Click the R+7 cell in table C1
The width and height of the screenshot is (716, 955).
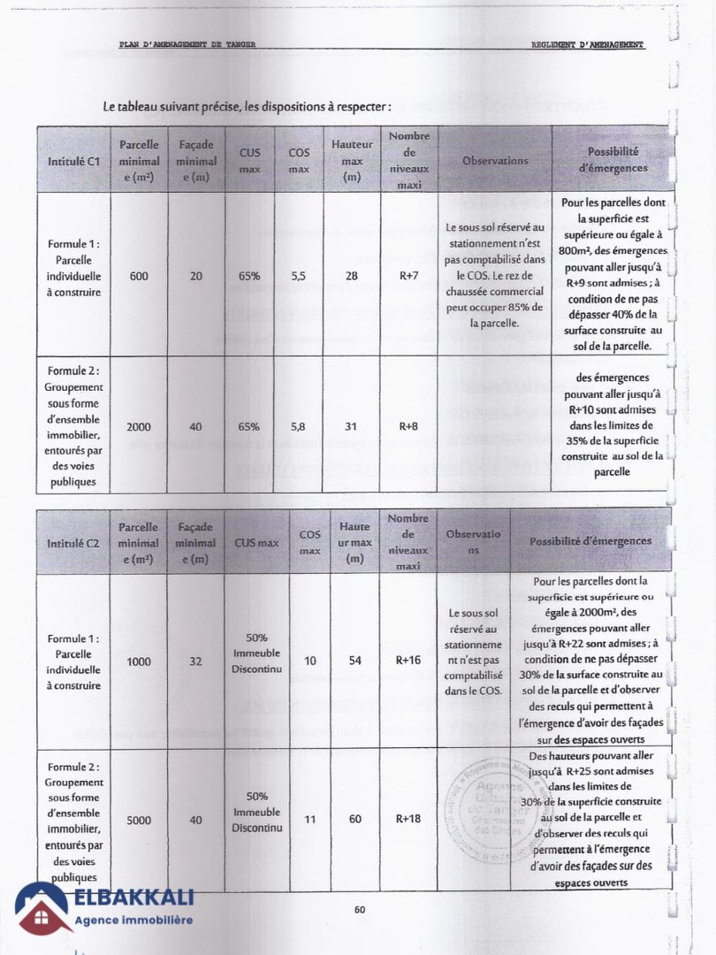(x=408, y=276)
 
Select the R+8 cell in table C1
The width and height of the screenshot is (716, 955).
(x=408, y=426)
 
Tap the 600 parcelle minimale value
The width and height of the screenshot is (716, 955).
(x=139, y=276)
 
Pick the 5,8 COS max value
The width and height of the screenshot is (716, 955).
(x=298, y=426)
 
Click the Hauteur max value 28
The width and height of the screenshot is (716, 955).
(x=352, y=276)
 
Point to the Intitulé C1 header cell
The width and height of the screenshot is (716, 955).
(x=72, y=161)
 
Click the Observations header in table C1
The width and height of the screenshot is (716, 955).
(x=495, y=161)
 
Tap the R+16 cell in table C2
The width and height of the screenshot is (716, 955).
(x=408, y=661)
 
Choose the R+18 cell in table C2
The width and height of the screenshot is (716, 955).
(x=408, y=819)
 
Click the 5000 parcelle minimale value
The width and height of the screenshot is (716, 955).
(x=139, y=820)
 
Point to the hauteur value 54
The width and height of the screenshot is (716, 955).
(x=355, y=661)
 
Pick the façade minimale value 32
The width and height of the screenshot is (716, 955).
(x=196, y=661)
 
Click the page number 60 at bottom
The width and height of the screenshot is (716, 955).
(x=360, y=909)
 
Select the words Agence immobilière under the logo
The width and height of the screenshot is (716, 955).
(x=133, y=921)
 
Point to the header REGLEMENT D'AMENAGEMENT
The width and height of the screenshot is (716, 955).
(x=588, y=44)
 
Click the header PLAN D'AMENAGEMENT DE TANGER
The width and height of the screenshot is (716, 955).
(x=187, y=44)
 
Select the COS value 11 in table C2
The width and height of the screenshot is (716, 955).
(x=309, y=819)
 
